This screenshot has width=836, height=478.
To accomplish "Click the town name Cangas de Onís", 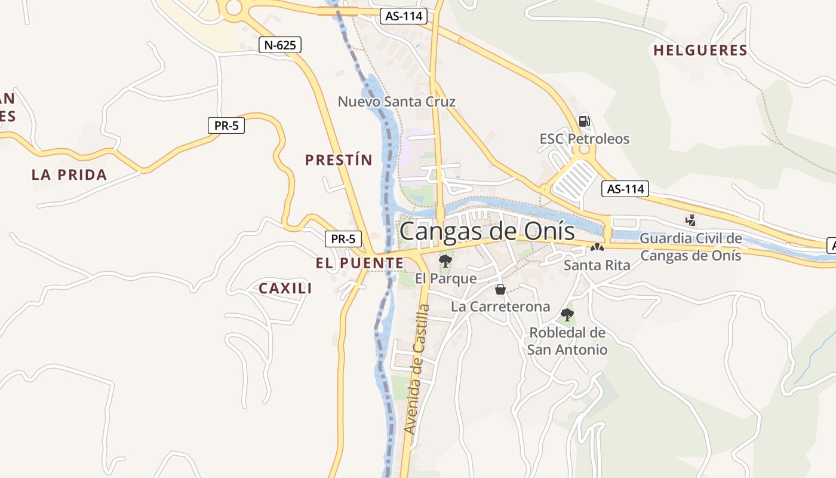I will click(487, 231).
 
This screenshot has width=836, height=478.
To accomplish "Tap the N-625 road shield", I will click(280, 45).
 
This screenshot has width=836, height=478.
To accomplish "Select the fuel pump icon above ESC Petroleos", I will click(584, 121).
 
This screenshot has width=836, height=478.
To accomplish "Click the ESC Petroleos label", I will click(585, 139).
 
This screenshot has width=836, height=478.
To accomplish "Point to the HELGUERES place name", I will click(700, 51).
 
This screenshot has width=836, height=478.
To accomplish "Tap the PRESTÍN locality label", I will click(339, 160).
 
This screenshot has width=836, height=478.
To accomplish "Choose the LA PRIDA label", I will click(69, 175).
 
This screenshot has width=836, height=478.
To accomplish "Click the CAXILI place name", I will click(285, 289).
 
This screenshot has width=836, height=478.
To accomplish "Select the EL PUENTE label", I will click(359, 263).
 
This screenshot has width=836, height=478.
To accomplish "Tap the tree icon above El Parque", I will click(445, 261).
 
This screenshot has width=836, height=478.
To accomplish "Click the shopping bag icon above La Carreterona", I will click(500, 290).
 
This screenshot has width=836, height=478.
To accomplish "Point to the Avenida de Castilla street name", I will click(416, 369).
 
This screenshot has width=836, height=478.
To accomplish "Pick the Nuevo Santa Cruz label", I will click(397, 102).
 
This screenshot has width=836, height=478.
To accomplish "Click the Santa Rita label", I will click(597, 265).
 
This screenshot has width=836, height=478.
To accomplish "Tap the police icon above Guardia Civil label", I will click(691, 220).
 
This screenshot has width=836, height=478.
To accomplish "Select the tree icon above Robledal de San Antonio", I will click(567, 314).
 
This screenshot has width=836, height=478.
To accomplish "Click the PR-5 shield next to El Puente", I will click(343, 239).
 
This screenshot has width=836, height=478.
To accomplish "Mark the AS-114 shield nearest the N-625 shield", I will click(404, 17).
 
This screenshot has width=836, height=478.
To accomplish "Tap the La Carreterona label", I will click(500, 307).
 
